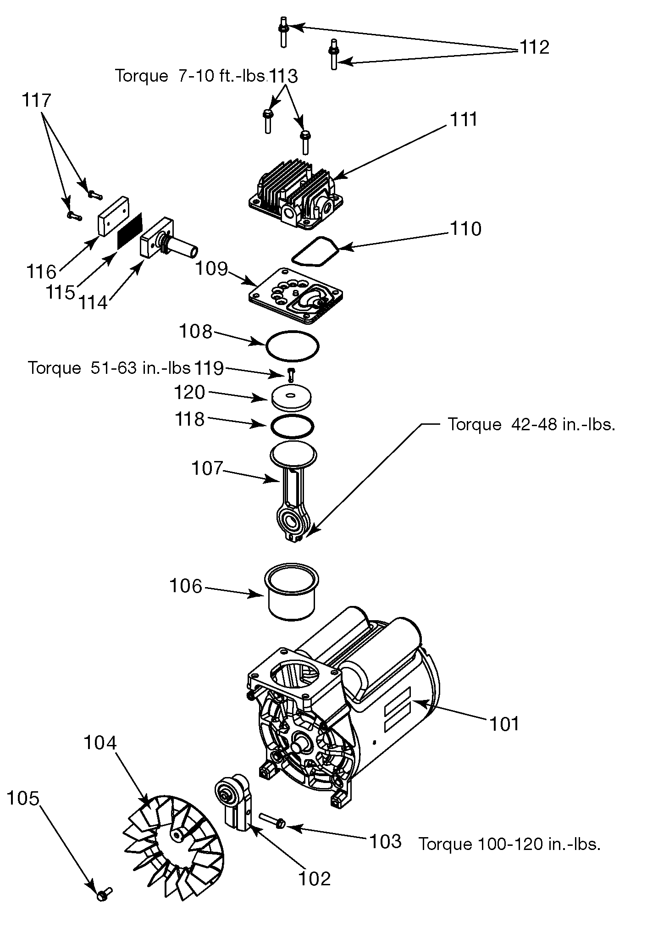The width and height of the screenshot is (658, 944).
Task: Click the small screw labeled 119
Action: (290, 374)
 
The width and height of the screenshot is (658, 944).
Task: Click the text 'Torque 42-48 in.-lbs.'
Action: (531, 424)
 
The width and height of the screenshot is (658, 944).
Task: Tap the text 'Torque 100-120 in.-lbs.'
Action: (509, 844)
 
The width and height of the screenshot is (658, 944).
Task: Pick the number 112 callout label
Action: (534, 47)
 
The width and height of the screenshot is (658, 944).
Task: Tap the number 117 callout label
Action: (37, 100)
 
